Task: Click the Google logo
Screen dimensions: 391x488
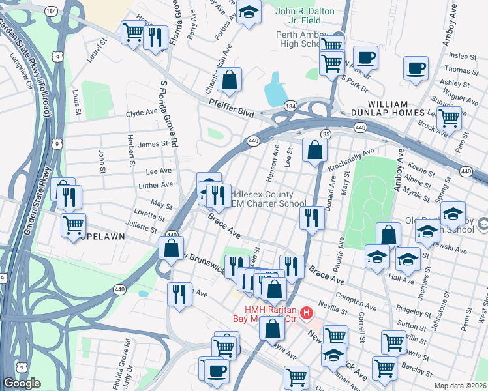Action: click(x=22, y=383)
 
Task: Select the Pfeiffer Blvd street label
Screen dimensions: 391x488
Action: click(x=231, y=108)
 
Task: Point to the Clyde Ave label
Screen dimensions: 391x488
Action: click(x=142, y=112)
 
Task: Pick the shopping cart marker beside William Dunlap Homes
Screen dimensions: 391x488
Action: click(x=449, y=118)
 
